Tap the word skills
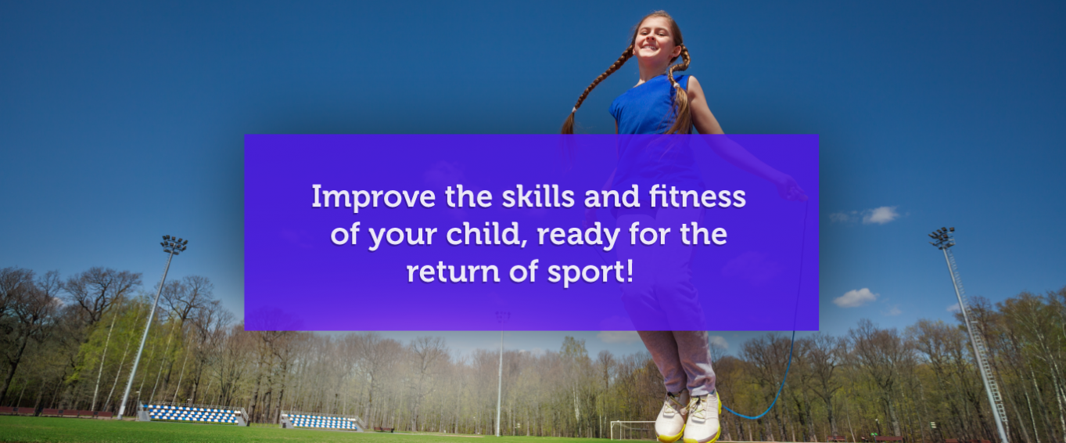coord(538,196)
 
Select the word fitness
coord(697,196)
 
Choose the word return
coord(453,272)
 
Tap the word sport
coord(586,272)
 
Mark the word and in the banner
coord(612,196)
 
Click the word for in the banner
coord(649,233)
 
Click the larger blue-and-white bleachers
coord(192,413)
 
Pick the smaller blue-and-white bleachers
coord(321,421)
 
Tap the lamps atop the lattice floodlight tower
coord(942,236)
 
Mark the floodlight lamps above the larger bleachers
coord(174,244)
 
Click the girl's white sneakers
coord(687,416)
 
